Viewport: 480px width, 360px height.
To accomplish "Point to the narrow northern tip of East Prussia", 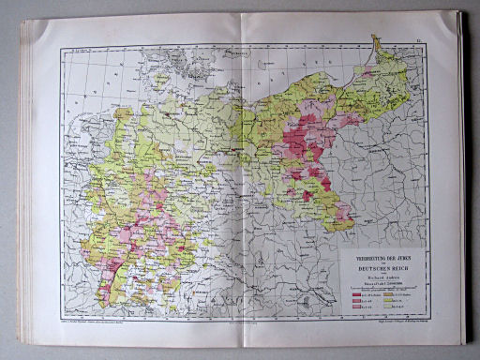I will tap(376, 41).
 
